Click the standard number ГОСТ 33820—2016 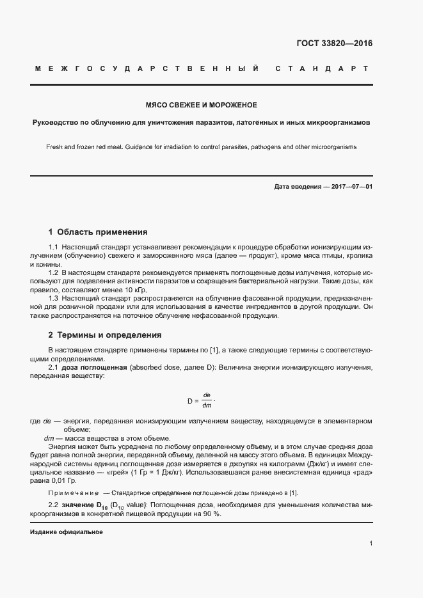(x=334, y=43)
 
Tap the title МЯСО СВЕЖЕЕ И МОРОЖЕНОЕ (x=202, y=105)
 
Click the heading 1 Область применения (x=98, y=232)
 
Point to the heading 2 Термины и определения (x=105, y=334)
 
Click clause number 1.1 (x=54, y=247)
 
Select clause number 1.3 (x=54, y=298)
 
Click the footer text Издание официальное (x=66, y=532)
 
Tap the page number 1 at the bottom (x=371, y=543)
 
